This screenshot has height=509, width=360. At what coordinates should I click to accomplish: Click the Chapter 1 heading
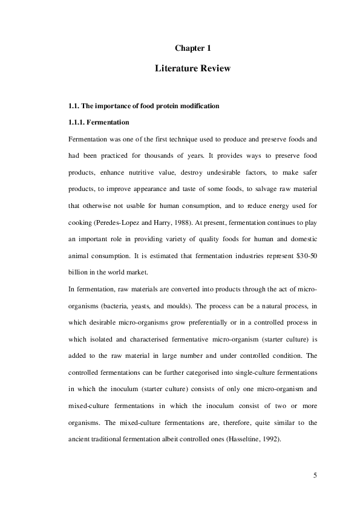(192, 48)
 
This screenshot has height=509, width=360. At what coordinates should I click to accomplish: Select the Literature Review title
(192, 69)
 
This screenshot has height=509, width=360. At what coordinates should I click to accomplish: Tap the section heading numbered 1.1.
(143, 106)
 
